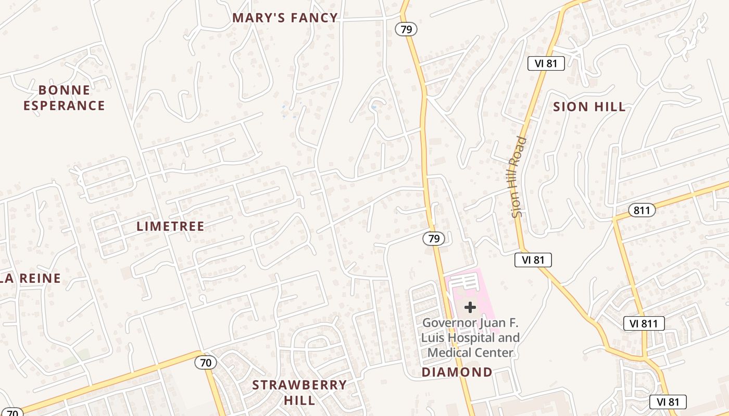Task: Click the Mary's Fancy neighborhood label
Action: (x=285, y=18)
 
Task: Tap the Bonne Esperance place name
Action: (x=64, y=98)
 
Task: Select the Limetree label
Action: (x=170, y=226)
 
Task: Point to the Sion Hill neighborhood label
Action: (x=589, y=107)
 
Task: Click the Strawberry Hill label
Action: (x=299, y=392)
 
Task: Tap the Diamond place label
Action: (x=457, y=372)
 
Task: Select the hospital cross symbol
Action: (x=470, y=307)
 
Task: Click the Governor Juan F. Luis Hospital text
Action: (x=470, y=337)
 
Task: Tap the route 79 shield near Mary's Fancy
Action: (x=406, y=29)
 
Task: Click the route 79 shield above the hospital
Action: (x=433, y=239)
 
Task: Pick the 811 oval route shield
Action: (x=642, y=210)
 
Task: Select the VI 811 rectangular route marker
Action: (x=644, y=323)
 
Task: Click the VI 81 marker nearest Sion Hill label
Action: (x=546, y=63)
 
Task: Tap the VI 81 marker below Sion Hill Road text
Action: (x=533, y=260)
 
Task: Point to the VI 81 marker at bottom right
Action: (x=668, y=401)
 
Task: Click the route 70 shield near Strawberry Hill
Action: (x=206, y=362)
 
